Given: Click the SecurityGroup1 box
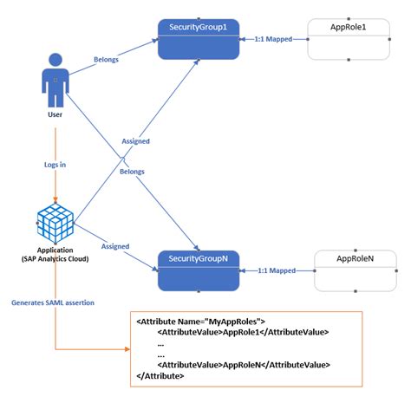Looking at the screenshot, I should [x=199, y=39].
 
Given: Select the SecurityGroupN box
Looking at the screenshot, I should [x=199, y=270].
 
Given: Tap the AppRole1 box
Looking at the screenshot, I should [x=349, y=39].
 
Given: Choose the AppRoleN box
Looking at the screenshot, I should [x=355, y=271].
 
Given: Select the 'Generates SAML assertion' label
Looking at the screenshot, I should [x=54, y=302].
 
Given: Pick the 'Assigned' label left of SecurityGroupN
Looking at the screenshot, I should [x=114, y=246].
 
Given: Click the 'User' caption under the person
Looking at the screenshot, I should [x=55, y=114].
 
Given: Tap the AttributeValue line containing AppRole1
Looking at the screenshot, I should [x=243, y=334].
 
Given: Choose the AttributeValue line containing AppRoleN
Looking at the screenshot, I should [x=244, y=365].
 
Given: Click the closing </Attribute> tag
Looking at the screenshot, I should [x=160, y=376].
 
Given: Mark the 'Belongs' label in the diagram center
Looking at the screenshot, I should [x=133, y=172].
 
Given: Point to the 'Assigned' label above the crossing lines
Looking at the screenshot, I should [x=136, y=140].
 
